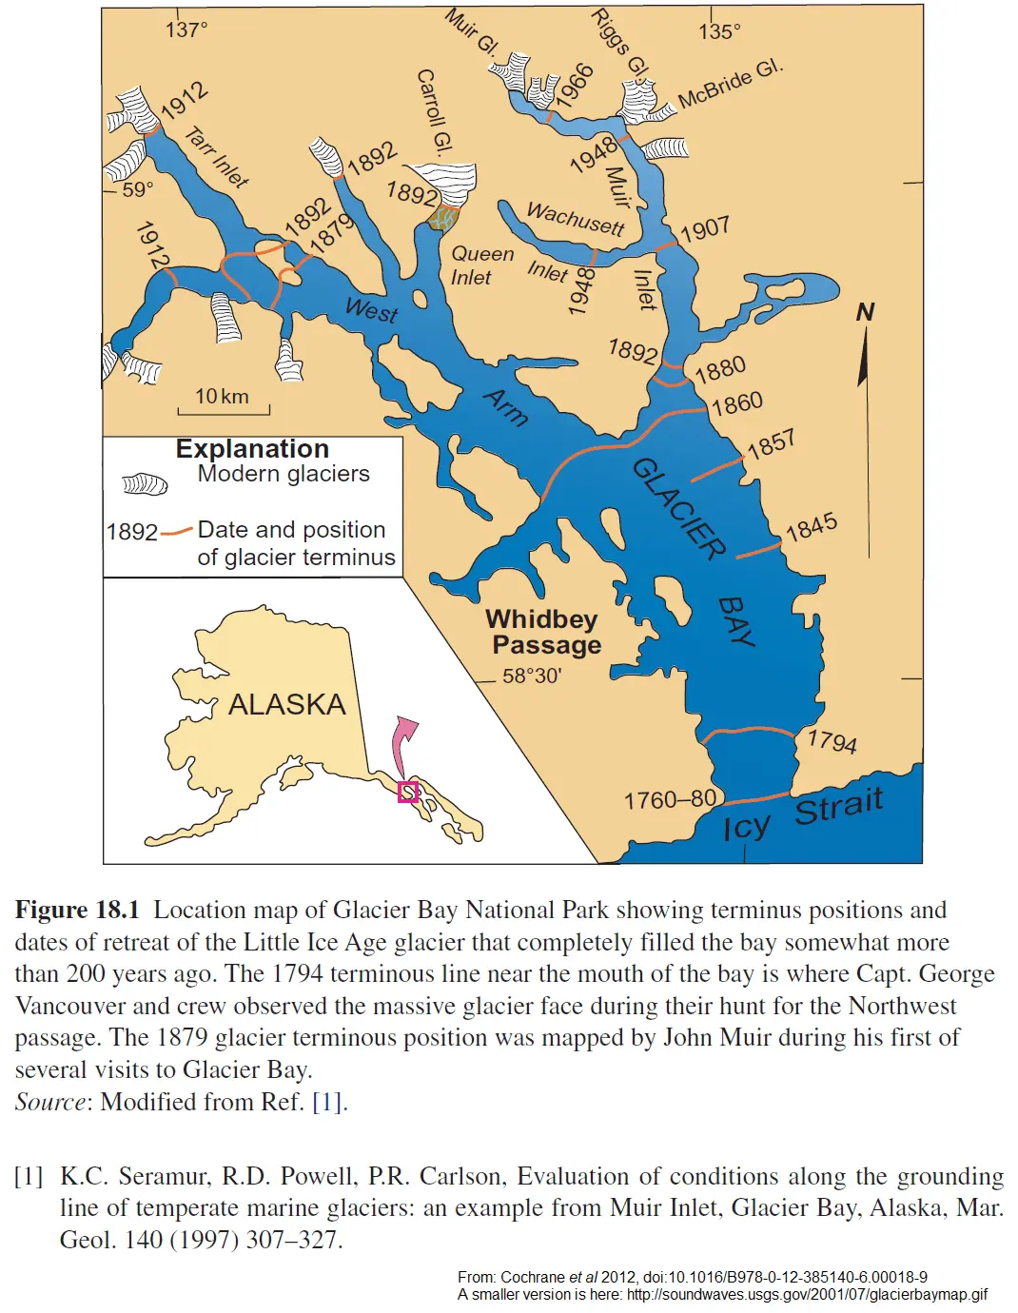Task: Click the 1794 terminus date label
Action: coord(832,740)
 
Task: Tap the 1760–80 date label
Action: coord(670,799)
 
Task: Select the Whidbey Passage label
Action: coord(544,632)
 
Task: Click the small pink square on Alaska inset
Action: coord(408,792)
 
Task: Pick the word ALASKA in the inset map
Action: coord(286,704)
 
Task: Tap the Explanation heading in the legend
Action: coord(252,449)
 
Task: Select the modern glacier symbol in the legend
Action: coord(145,484)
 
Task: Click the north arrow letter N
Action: coord(865,312)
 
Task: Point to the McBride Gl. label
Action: coord(731,84)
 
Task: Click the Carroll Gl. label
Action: coord(434,111)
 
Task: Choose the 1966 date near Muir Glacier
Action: coord(575,86)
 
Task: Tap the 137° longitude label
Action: coord(186,29)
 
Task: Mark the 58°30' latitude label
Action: coord(532,676)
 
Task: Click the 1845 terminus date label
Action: coord(812,526)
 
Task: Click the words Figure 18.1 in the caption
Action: coord(77,910)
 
